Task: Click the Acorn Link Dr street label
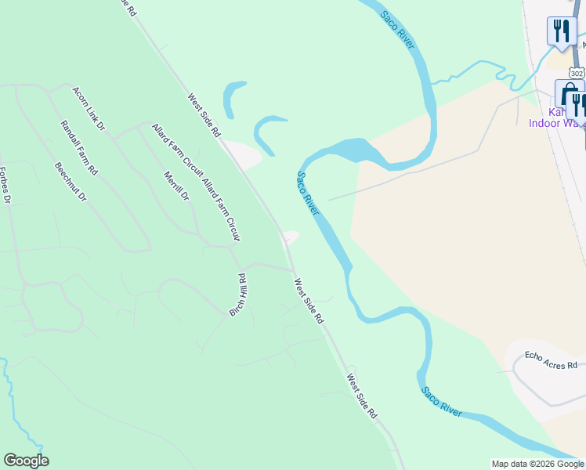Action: point(89,107)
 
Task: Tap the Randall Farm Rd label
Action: point(79,147)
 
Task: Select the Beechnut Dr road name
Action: point(71,183)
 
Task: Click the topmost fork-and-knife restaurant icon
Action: point(561,31)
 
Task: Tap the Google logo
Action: point(26,461)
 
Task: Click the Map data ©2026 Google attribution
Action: point(537,464)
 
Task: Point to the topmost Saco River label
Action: point(398,31)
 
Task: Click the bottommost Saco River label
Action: point(441,401)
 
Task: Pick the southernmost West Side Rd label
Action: point(363,395)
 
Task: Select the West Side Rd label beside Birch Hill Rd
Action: point(308,301)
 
